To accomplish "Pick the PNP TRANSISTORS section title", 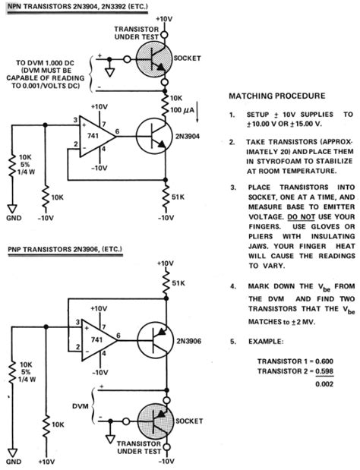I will click(x=55, y=249).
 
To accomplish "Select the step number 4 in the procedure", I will click(x=232, y=287).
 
